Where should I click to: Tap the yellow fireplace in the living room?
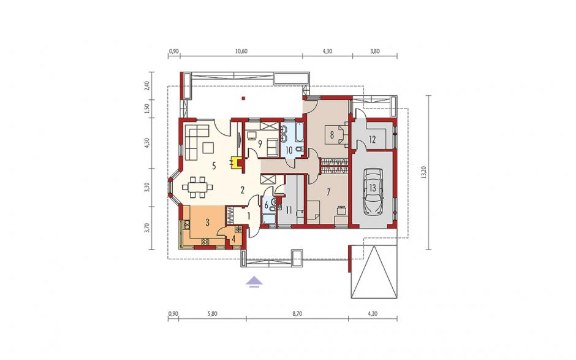click(x=234, y=163)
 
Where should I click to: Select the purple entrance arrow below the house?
click(x=254, y=281)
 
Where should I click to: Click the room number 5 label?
click(x=214, y=166)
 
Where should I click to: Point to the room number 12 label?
click(x=372, y=139)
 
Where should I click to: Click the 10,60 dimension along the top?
click(x=241, y=51)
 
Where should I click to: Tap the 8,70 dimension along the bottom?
click(x=298, y=313)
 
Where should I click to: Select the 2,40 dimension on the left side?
click(x=147, y=86)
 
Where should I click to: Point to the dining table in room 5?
click(x=198, y=186)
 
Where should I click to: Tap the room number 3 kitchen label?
click(x=207, y=222)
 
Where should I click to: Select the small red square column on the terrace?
click(x=243, y=98)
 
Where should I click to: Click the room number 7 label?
click(x=329, y=191)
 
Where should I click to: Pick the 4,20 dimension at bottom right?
click(x=373, y=313)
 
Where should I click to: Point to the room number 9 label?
click(x=260, y=144)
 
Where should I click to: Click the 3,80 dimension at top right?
click(x=374, y=51)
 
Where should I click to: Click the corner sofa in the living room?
click(x=194, y=142)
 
